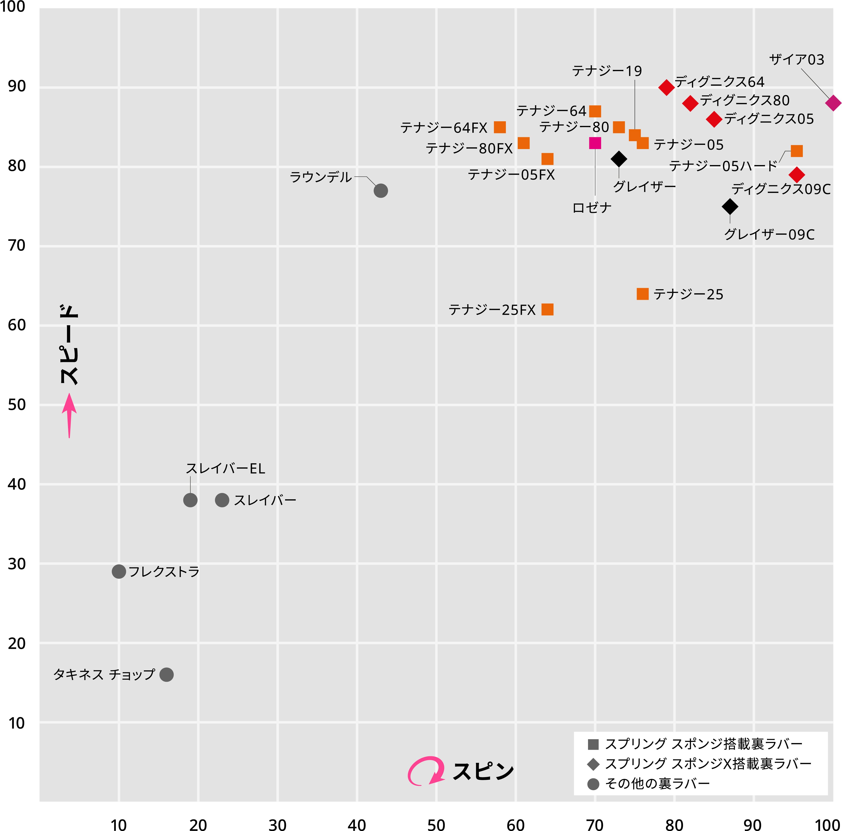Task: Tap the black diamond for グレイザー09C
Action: pyautogui.click(x=730, y=207)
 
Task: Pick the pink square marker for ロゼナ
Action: pyautogui.click(x=595, y=143)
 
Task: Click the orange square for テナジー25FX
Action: pyautogui.click(x=547, y=309)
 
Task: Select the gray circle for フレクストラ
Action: pyautogui.click(x=119, y=571)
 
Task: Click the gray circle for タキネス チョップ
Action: pyautogui.click(x=166, y=675)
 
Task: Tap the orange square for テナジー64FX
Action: pyautogui.click(x=500, y=127)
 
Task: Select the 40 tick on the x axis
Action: pyautogui.click(x=357, y=825)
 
